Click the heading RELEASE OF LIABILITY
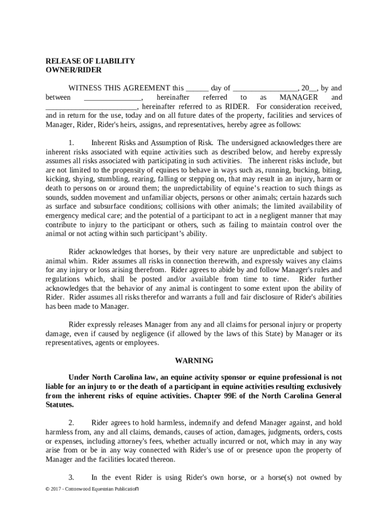[x=90, y=61]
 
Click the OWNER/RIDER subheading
[x=73, y=70]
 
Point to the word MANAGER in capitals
[x=298, y=97]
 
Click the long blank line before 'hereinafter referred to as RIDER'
[x=91, y=107]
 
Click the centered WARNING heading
[x=194, y=361]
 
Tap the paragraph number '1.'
[x=72, y=143]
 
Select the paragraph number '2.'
[x=72, y=423]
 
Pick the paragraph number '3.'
[x=72, y=477]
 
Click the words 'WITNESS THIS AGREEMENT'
[x=119, y=88]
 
